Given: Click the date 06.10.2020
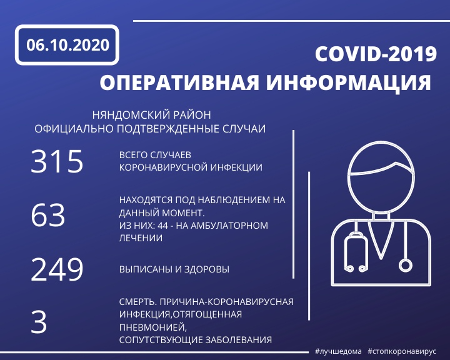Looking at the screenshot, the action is pos(67,45).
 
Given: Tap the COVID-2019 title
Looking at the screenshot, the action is pos(376,54).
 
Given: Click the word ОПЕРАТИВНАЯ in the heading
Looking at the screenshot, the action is pos(179,82).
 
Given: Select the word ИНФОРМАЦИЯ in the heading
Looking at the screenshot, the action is pos(349,83).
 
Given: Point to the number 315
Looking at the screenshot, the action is pos(57,161).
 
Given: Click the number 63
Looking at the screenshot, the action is pos(48,215).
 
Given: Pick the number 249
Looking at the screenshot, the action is pos(57,269).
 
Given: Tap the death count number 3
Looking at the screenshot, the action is pos(39,322).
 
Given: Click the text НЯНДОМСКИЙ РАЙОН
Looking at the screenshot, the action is pos(151,115).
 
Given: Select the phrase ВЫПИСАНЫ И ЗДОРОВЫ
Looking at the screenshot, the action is pos(174,269).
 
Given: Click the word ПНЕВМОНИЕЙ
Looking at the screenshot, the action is pos(152,327).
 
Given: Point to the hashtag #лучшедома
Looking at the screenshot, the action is pos(338,351).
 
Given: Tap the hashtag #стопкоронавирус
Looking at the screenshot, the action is pos(402,351).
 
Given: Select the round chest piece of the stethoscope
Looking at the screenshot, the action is pos(405,265).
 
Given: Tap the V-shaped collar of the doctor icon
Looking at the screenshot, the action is pos(381,240).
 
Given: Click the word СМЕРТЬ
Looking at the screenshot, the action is pos(137,302).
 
